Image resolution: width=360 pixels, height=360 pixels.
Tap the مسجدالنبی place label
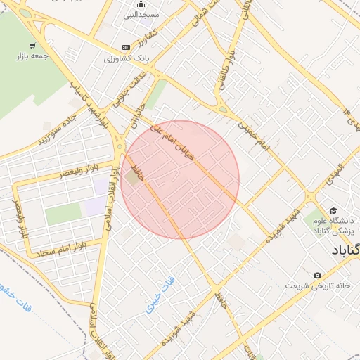[141, 15]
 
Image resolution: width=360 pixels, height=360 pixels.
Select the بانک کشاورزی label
[122, 58]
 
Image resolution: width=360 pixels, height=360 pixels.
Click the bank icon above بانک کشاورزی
[126, 47]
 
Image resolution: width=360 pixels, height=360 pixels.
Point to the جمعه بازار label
[34, 56]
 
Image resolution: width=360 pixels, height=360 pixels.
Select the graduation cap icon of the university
[334, 210]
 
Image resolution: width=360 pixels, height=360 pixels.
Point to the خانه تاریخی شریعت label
[317, 285]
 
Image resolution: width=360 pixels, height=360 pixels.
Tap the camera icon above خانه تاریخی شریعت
[317, 275]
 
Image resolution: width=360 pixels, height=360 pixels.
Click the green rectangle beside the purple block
[63, 214]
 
